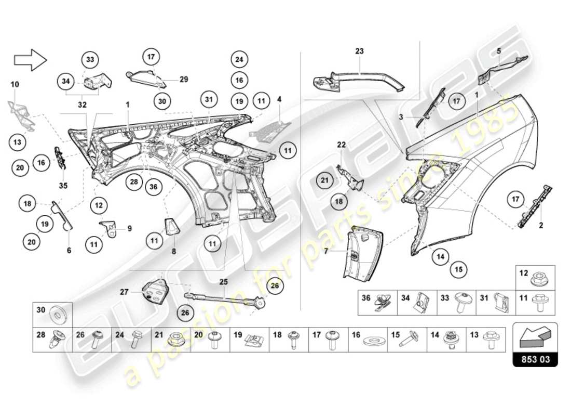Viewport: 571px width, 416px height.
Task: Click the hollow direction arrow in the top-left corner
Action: [x=30, y=60]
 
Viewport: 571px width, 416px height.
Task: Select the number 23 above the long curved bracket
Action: [x=360, y=51]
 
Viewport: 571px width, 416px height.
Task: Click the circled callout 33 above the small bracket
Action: [x=90, y=60]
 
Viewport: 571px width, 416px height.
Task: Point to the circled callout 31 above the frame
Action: [x=208, y=99]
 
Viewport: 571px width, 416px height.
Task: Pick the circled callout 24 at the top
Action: [x=238, y=60]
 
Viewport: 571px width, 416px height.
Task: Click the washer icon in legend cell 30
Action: [x=58, y=315]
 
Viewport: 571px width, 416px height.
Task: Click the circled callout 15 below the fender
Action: [x=459, y=269]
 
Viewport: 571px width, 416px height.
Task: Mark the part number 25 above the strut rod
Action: [x=223, y=281]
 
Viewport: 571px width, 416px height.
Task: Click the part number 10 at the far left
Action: [x=15, y=84]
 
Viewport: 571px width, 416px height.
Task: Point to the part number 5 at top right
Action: [x=498, y=51]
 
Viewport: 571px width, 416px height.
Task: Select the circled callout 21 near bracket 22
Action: [x=325, y=181]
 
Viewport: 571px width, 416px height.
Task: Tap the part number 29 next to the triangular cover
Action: [x=183, y=80]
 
